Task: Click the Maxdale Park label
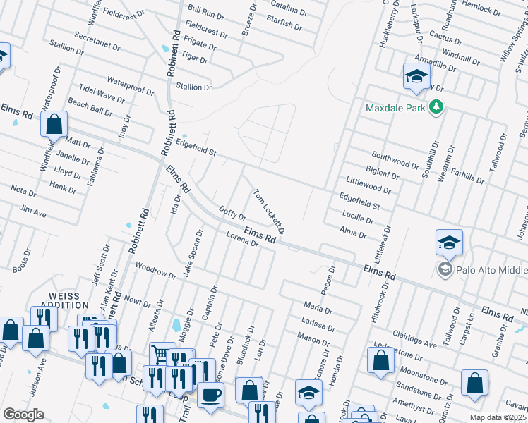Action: (x=396, y=108)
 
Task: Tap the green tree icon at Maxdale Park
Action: (x=437, y=107)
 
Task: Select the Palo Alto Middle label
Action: (x=492, y=271)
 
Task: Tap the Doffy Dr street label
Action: (x=232, y=213)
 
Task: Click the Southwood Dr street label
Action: (x=396, y=159)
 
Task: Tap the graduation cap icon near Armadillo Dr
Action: (x=416, y=76)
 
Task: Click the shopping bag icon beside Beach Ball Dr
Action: (x=54, y=125)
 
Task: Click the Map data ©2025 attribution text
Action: (x=498, y=417)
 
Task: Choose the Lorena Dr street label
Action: (x=243, y=240)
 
